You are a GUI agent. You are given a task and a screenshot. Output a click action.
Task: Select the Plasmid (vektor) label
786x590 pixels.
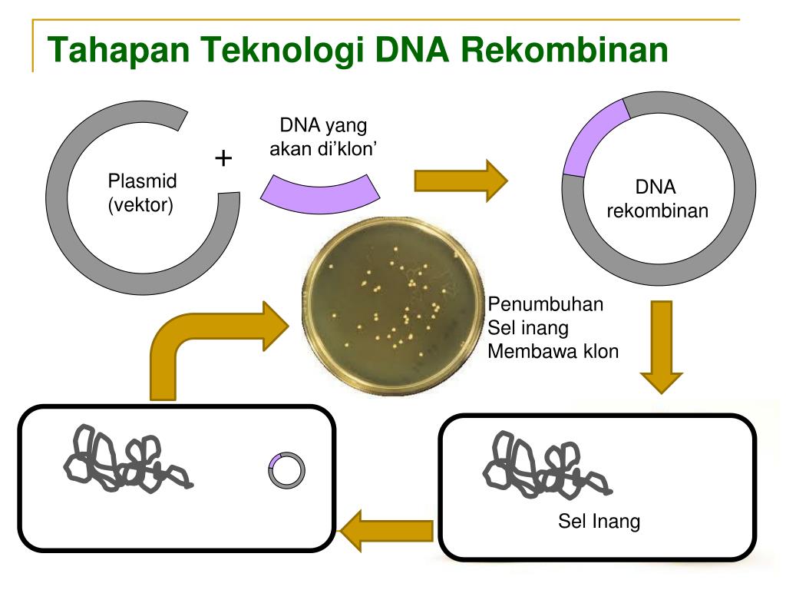pyautogui.click(x=142, y=193)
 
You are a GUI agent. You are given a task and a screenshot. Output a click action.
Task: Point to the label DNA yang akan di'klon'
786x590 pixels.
pyautogui.click(x=323, y=136)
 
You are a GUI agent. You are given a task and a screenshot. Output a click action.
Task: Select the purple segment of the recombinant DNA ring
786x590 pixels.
pyautogui.click(x=593, y=138)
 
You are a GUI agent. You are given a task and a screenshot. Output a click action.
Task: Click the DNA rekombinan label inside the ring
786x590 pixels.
pyautogui.click(x=657, y=199)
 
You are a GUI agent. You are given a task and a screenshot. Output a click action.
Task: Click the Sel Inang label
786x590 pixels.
pyautogui.click(x=598, y=522)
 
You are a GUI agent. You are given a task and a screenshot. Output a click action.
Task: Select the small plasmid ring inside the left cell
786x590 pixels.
pyautogui.click(x=287, y=470)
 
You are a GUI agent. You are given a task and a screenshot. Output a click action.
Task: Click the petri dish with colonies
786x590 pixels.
pyautogui.click(x=392, y=303)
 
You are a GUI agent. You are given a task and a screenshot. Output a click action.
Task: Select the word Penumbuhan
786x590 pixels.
pyautogui.click(x=546, y=304)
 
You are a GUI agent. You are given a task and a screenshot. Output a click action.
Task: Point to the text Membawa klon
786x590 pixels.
pyautogui.click(x=553, y=352)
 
